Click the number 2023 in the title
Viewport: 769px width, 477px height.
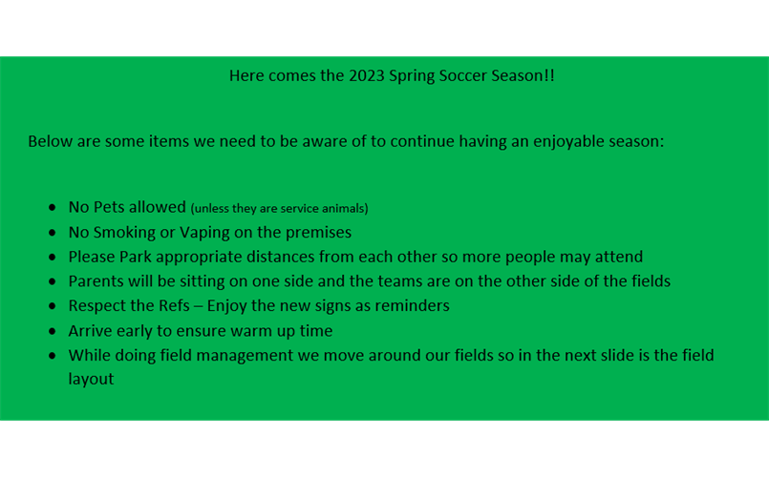click(x=367, y=75)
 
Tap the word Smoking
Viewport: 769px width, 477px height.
click(x=124, y=233)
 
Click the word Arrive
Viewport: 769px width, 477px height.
click(x=88, y=331)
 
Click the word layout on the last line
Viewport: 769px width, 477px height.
click(x=91, y=380)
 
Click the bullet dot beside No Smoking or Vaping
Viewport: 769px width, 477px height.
click(x=53, y=233)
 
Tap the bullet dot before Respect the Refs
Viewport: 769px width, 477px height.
click(x=53, y=306)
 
